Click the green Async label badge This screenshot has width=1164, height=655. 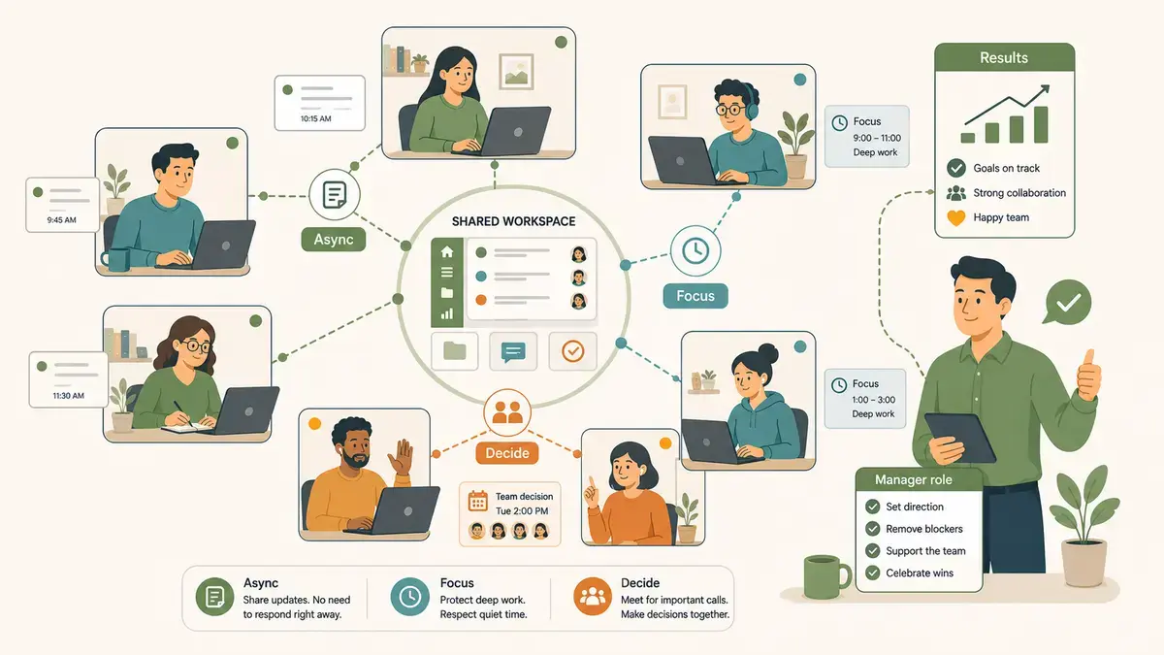(x=334, y=240)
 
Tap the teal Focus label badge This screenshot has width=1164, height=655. (x=695, y=296)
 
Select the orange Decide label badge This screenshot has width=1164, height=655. (x=507, y=453)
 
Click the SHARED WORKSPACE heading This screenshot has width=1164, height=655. (x=513, y=221)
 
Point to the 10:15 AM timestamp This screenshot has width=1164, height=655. (x=316, y=118)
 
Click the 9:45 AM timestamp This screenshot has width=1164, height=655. (x=61, y=220)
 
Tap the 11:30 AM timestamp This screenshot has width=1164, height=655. (x=68, y=396)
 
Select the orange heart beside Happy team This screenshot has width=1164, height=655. (x=956, y=217)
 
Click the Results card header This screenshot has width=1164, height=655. (x=1005, y=57)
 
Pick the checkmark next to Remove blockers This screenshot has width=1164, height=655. (x=872, y=529)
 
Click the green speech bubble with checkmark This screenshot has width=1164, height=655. (x=1067, y=303)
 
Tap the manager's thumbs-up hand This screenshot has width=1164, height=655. (x=1088, y=375)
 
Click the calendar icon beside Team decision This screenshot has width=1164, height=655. (x=477, y=501)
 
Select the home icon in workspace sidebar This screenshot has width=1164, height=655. (x=447, y=252)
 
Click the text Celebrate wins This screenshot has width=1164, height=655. (x=920, y=573)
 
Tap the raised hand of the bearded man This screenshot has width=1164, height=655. (x=402, y=457)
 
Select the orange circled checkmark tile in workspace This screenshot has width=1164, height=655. (x=572, y=351)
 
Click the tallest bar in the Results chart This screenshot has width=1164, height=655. (x=1041, y=124)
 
